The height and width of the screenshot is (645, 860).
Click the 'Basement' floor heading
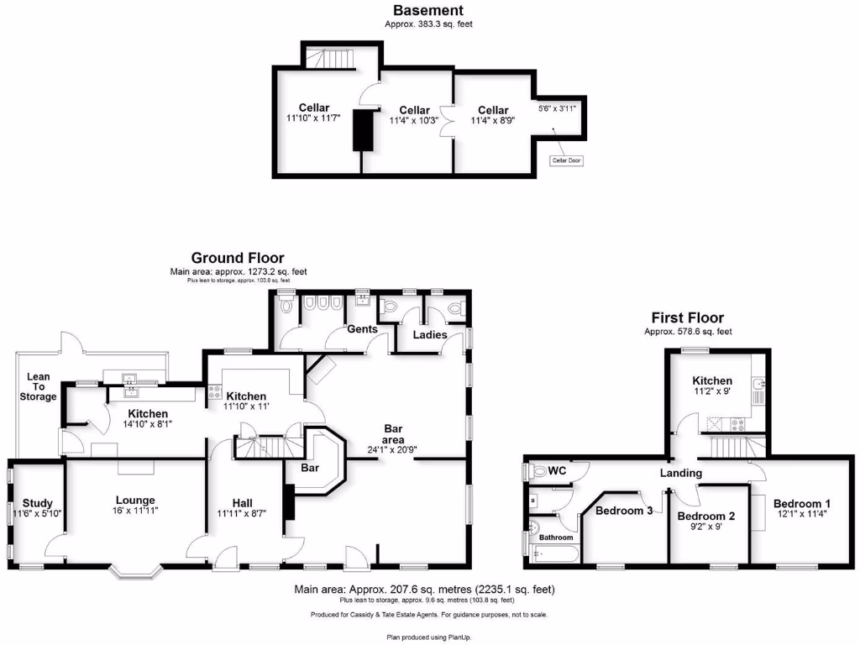point(428,11)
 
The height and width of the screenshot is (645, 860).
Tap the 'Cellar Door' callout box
point(567,160)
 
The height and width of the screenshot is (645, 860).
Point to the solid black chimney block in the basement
point(363,130)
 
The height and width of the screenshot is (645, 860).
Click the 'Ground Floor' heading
point(237,258)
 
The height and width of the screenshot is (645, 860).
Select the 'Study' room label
point(38,503)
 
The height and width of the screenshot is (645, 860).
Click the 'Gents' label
point(362,329)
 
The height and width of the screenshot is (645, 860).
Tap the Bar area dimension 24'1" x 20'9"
point(393,448)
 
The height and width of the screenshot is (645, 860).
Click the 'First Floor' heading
point(687,317)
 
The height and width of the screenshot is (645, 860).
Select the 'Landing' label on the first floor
point(680,473)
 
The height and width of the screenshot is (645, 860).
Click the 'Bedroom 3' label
point(623,510)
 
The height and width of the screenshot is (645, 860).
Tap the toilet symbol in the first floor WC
point(538,472)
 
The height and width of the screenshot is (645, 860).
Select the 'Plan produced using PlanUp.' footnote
point(429,637)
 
